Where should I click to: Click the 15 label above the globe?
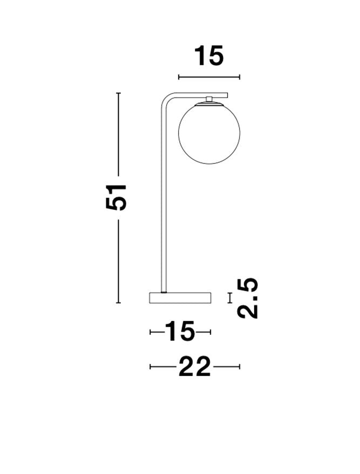pyautogui.click(x=208, y=56)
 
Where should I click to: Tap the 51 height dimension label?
pyautogui.click(x=117, y=197)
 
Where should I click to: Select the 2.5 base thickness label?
pyautogui.click(x=248, y=298)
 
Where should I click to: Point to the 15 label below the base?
pyautogui.click(x=180, y=332)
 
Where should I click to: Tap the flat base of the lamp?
pyautogui.click(x=180, y=298)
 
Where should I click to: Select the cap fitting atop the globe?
pyautogui.click(x=209, y=99)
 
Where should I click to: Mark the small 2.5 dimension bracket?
pyautogui.click(x=230, y=298)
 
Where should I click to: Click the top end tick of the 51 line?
pyautogui.click(x=119, y=93)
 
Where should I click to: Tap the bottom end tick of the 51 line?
pyautogui.click(x=119, y=303)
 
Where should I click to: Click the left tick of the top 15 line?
pyautogui.click(x=179, y=77)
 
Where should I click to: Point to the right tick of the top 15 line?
pyautogui.click(x=240, y=77)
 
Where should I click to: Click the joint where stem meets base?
pyautogui.click(x=164, y=291)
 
